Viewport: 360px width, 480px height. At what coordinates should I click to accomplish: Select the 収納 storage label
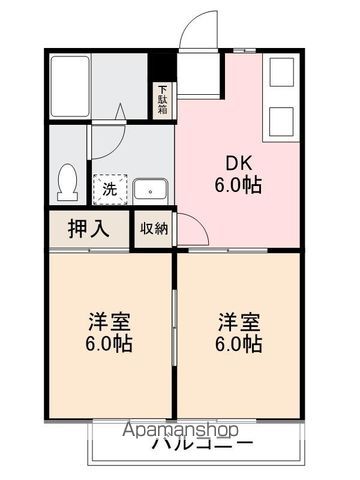click(x=153, y=228)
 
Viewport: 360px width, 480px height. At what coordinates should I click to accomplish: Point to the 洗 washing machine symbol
click(x=105, y=187)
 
